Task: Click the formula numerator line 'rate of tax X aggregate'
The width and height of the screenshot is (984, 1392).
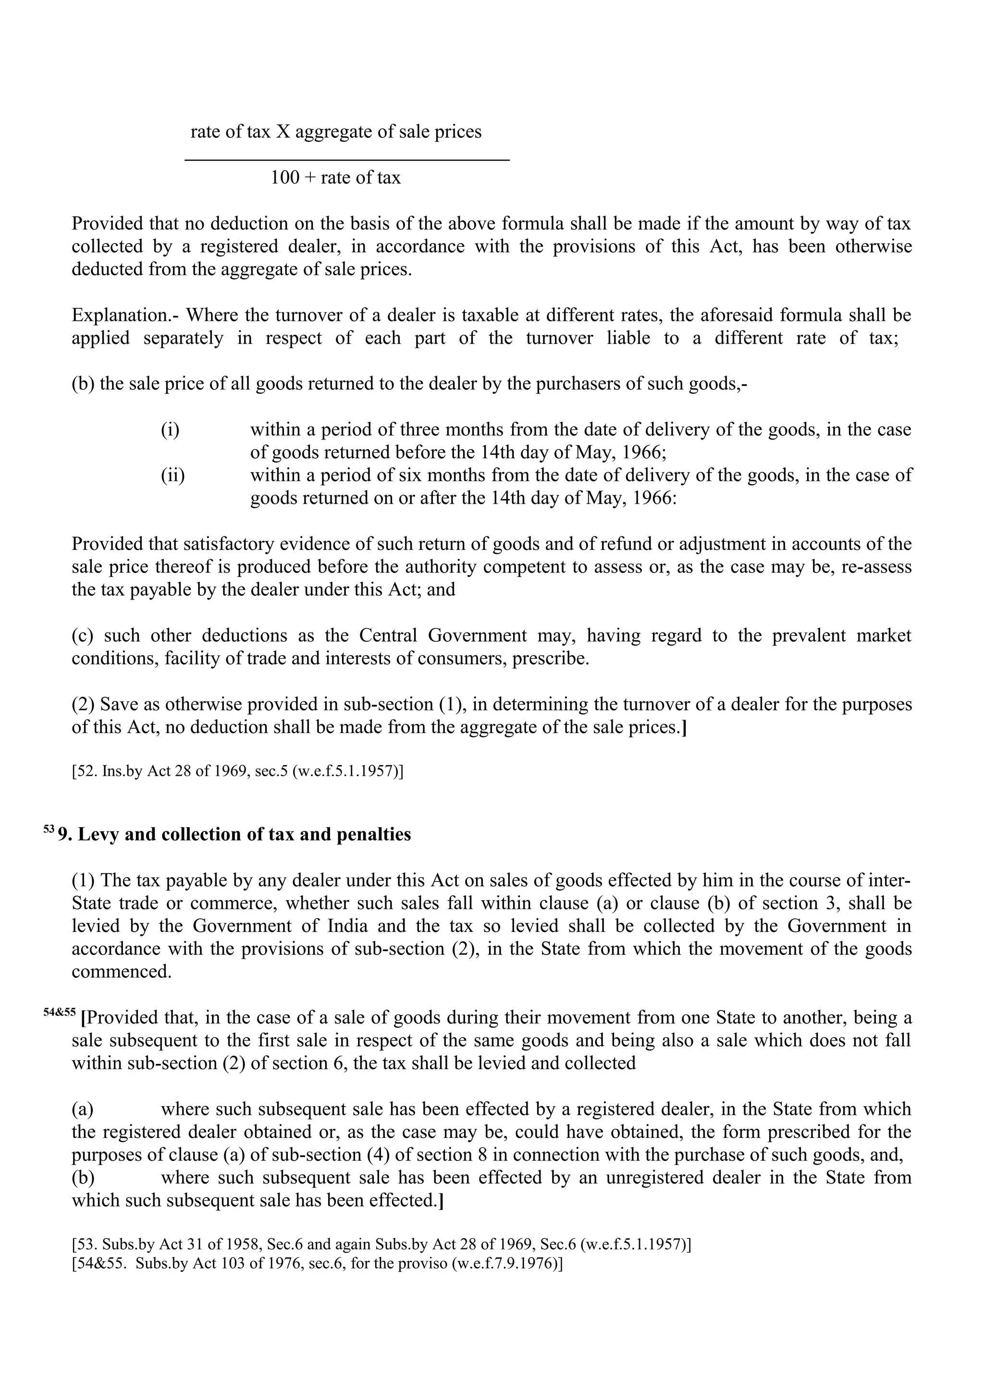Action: point(335,132)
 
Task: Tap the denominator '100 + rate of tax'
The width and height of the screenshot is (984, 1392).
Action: point(335,178)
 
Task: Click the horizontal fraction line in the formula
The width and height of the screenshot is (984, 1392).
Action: point(346,160)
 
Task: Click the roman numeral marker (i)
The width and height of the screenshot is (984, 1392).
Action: point(170,430)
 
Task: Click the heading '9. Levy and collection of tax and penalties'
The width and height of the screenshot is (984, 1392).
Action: point(234,835)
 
